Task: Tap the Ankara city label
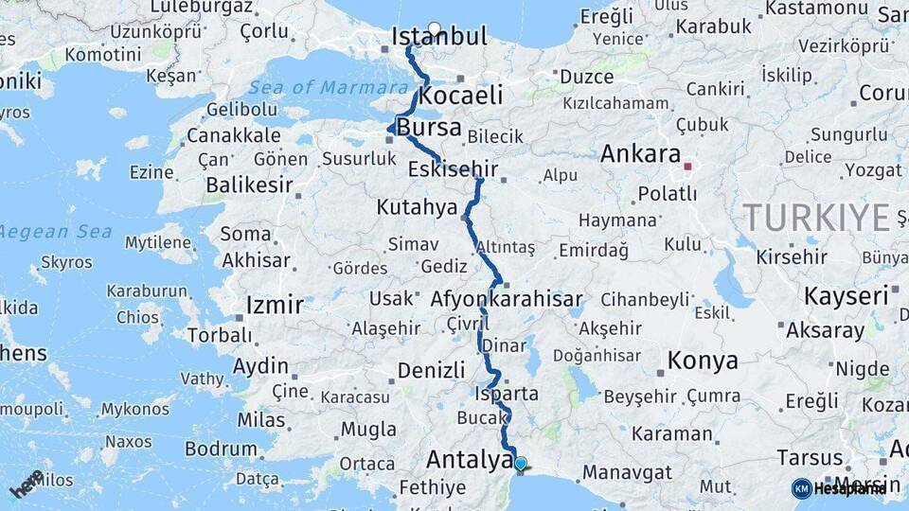click(x=641, y=153)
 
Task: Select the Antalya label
click(x=469, y=460)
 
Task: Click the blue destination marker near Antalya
click(x=520, y=464)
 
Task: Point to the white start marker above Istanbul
click(x=435, y=27)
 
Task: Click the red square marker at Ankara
click(x=688, y=167)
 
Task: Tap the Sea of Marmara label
click(x=316, y=88)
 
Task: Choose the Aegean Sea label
click(x=57, y=232)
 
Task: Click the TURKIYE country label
click(x=816, y=218)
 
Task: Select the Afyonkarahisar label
click(x=507, y=300)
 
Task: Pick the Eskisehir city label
click(x=453, y=170)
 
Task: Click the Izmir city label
click(x=275, y=306)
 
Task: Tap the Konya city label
click(x=703, y=361)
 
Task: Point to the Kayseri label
click(x=846, y=296)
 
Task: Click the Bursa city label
click(x=429, y=128)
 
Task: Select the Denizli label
click(x=432, y=370)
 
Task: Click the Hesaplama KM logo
click(x=838, y=488)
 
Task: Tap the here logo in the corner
click(x=27, y=483)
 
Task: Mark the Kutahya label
click(x=417, y=206)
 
